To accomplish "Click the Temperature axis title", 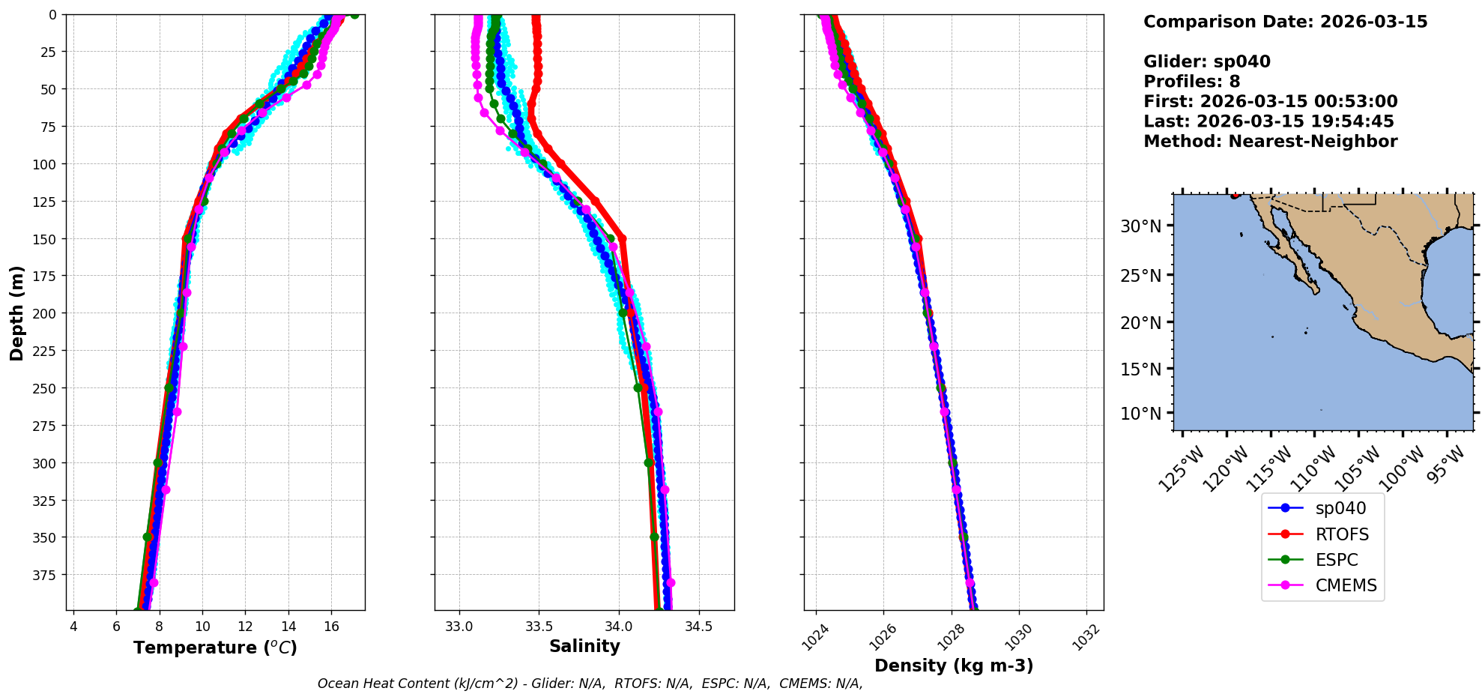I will (x=215, y=648).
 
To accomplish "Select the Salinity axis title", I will (x=584, y=646).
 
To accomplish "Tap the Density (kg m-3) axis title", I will (x=954, y=666).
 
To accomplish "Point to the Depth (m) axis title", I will (x=16, y=313).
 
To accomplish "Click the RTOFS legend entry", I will (x=1341, y=534).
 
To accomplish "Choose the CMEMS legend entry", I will (x=1346, y=585).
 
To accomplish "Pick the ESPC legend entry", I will (x=1336, y=560).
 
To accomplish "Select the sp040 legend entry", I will (x=1340, y=508).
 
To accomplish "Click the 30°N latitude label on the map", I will (x=1140, y=226).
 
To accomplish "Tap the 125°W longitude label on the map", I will (x=1182, y=469).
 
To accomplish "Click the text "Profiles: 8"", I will (x=1191, y=82).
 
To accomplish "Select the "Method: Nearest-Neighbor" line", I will (x=1270, y=142).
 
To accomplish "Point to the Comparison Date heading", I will (x=1285, y=22).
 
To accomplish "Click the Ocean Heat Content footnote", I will (x=590, y=684).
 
